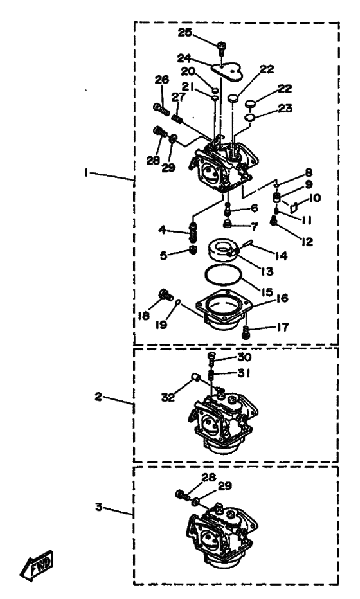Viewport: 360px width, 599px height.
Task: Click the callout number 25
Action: point(185,33)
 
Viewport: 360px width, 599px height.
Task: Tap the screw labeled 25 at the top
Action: point(222,48)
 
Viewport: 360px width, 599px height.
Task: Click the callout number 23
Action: point(285,109)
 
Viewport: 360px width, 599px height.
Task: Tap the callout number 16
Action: point(282,298)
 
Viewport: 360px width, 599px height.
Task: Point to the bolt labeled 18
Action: point(165,295)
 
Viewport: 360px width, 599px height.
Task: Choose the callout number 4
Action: point(163,229)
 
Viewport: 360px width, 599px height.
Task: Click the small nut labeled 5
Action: point(194,250)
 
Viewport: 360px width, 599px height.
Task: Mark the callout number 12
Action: point(307,242)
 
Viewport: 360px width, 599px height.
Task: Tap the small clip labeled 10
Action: point(294,207)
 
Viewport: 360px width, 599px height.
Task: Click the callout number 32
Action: point(168,397)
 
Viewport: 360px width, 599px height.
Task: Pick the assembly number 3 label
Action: point(99,507)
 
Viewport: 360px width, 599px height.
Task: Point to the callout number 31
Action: point(244,373)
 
